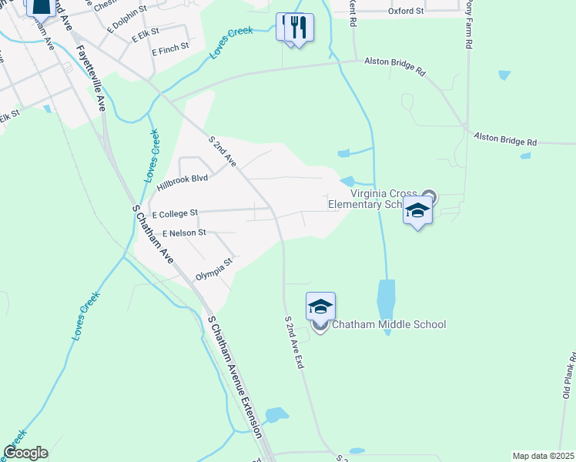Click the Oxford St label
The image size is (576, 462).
[406, 12]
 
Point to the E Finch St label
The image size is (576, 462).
[170, 51]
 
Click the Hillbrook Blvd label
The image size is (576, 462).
[183, 182]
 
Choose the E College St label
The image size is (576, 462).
[175, 213]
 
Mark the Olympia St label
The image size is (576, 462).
[214, 269]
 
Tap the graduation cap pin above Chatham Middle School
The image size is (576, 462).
[320, 306]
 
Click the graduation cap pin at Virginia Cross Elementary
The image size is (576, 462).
[417, 210]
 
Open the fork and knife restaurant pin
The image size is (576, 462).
[299, 28]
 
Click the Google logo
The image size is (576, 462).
[25, 453]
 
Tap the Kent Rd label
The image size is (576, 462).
[353, 12]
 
